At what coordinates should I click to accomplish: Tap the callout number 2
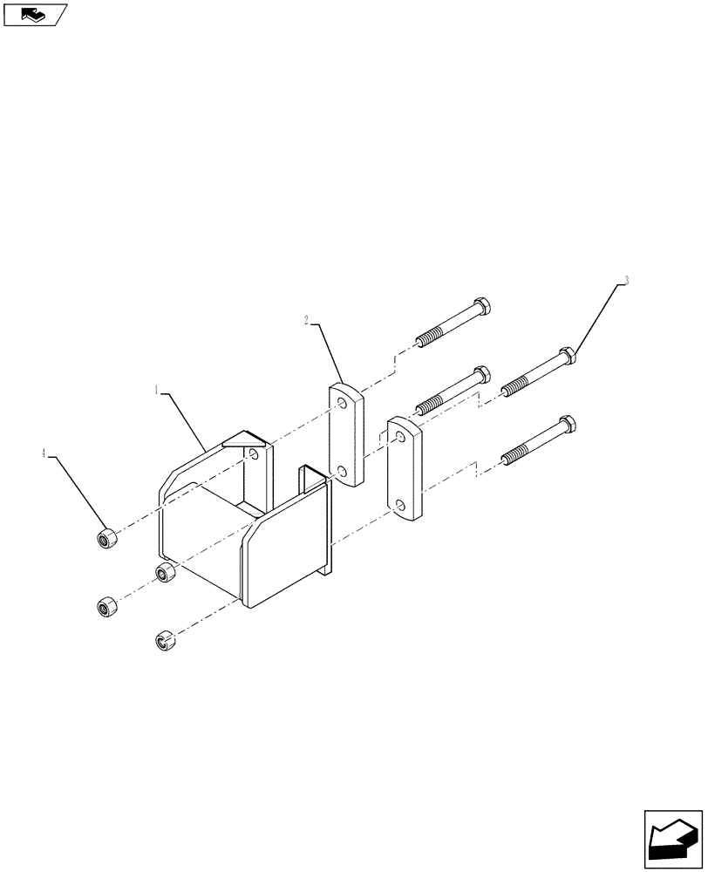307,321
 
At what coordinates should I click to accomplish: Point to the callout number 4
44,453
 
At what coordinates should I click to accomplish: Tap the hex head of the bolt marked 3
566,355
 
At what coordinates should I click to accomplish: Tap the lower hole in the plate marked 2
343,472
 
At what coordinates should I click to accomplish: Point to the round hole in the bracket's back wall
252,455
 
